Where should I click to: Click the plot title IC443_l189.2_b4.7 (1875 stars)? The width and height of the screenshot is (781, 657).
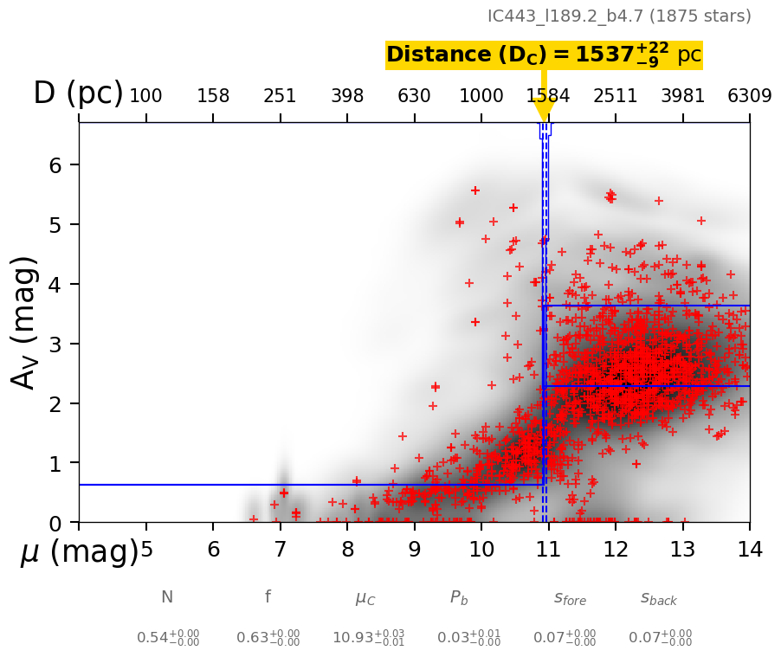tap(619, 16)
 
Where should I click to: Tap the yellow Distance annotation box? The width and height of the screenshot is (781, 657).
tap(544, 55)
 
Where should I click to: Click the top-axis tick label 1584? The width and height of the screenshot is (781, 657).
tap(548, 95)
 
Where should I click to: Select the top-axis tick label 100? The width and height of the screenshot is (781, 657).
tap(145, 95)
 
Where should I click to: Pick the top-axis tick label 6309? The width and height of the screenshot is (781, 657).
tap(749, 95)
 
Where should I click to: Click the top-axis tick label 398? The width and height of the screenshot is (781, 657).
tap(347, 95)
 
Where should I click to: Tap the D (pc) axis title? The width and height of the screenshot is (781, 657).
tap(78, 93)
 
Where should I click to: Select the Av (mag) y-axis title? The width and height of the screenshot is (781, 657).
tap(25, 322)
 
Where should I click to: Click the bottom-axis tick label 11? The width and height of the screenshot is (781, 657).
tap(548, 550)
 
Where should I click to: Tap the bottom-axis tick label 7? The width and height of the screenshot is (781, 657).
tap(280, 550)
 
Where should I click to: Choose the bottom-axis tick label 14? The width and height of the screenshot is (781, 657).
tap(749, 550)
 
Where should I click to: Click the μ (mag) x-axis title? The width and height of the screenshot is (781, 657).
tap(80, 552)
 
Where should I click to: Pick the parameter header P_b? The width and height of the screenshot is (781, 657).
tap(459, 597)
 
